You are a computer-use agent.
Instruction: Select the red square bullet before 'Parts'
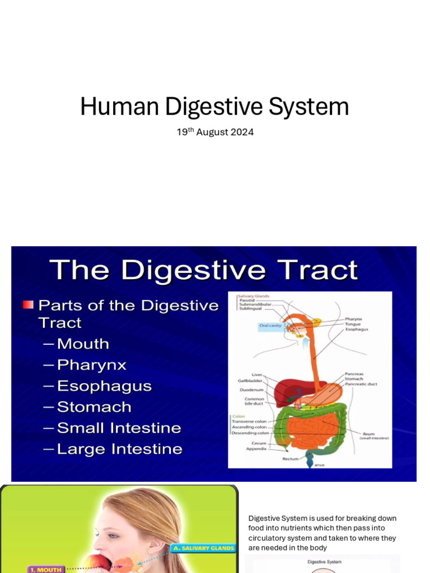coord(28,305)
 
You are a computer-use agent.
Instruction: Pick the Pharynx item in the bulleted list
coord(92,365)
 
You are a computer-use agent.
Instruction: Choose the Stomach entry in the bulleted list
coord(94,407)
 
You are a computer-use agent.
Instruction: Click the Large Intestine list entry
coord(119,449)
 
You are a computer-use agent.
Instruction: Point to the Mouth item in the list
coord(83,344)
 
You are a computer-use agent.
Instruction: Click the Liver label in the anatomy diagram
coord(257,375)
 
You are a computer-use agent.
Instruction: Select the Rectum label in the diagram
coord(290,459)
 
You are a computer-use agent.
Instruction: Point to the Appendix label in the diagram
coord(256,449)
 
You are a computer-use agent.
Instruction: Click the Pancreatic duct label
coord(361,384)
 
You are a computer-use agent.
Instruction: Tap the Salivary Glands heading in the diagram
coord(254,295)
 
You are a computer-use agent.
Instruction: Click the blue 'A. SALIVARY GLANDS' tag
coord(204,548)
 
